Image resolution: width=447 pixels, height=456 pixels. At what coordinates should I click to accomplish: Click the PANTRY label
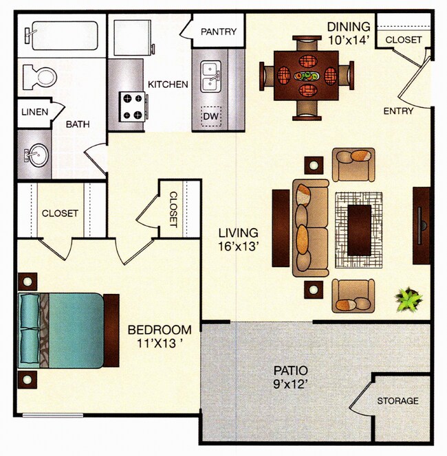[x=219, y=32]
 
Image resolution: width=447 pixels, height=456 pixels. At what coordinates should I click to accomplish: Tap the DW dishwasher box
[x=211, y=117]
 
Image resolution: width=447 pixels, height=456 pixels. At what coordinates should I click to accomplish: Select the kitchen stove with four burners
[x=133, y=106]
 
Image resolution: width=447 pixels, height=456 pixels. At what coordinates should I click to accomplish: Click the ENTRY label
[x=398, y=111]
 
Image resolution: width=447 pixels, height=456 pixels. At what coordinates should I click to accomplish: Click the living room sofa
[x=311, y=228]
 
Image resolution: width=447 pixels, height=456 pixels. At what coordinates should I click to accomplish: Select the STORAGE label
[x=397, y=401]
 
